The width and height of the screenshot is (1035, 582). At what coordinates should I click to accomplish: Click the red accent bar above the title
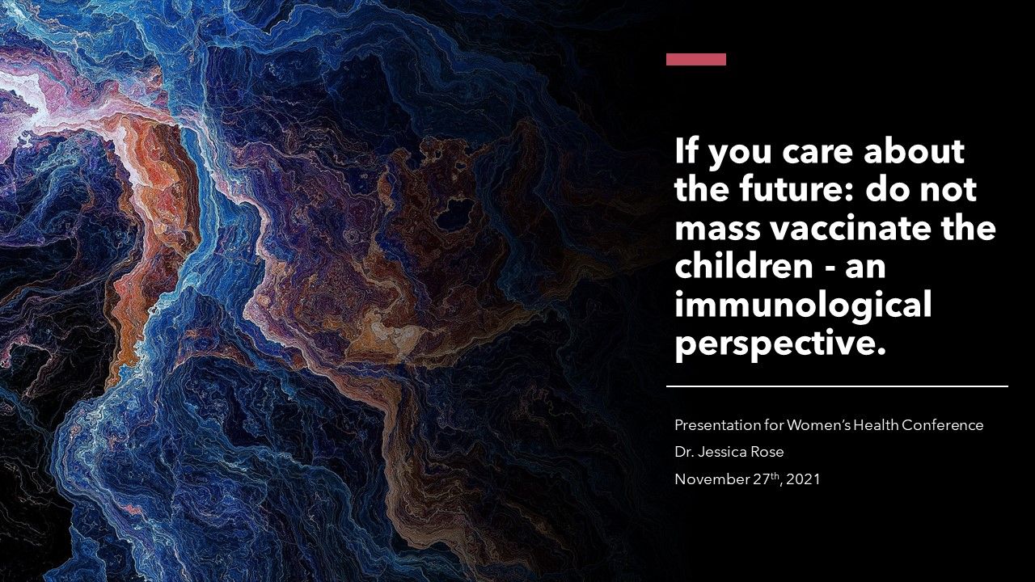[696, 60]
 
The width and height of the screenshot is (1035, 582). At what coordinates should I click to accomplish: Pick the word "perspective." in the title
[780, 344]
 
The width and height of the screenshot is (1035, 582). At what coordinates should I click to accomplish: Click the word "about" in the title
[914, 150]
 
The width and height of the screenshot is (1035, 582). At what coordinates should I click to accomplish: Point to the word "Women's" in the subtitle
[818, 425]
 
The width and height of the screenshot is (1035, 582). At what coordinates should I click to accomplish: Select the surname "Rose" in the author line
[767, 452]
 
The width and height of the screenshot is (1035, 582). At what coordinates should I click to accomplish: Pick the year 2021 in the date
[803, 479]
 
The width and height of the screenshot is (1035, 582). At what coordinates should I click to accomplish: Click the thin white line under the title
[837, 386]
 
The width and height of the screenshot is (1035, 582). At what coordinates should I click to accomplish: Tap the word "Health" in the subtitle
[876, 425]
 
